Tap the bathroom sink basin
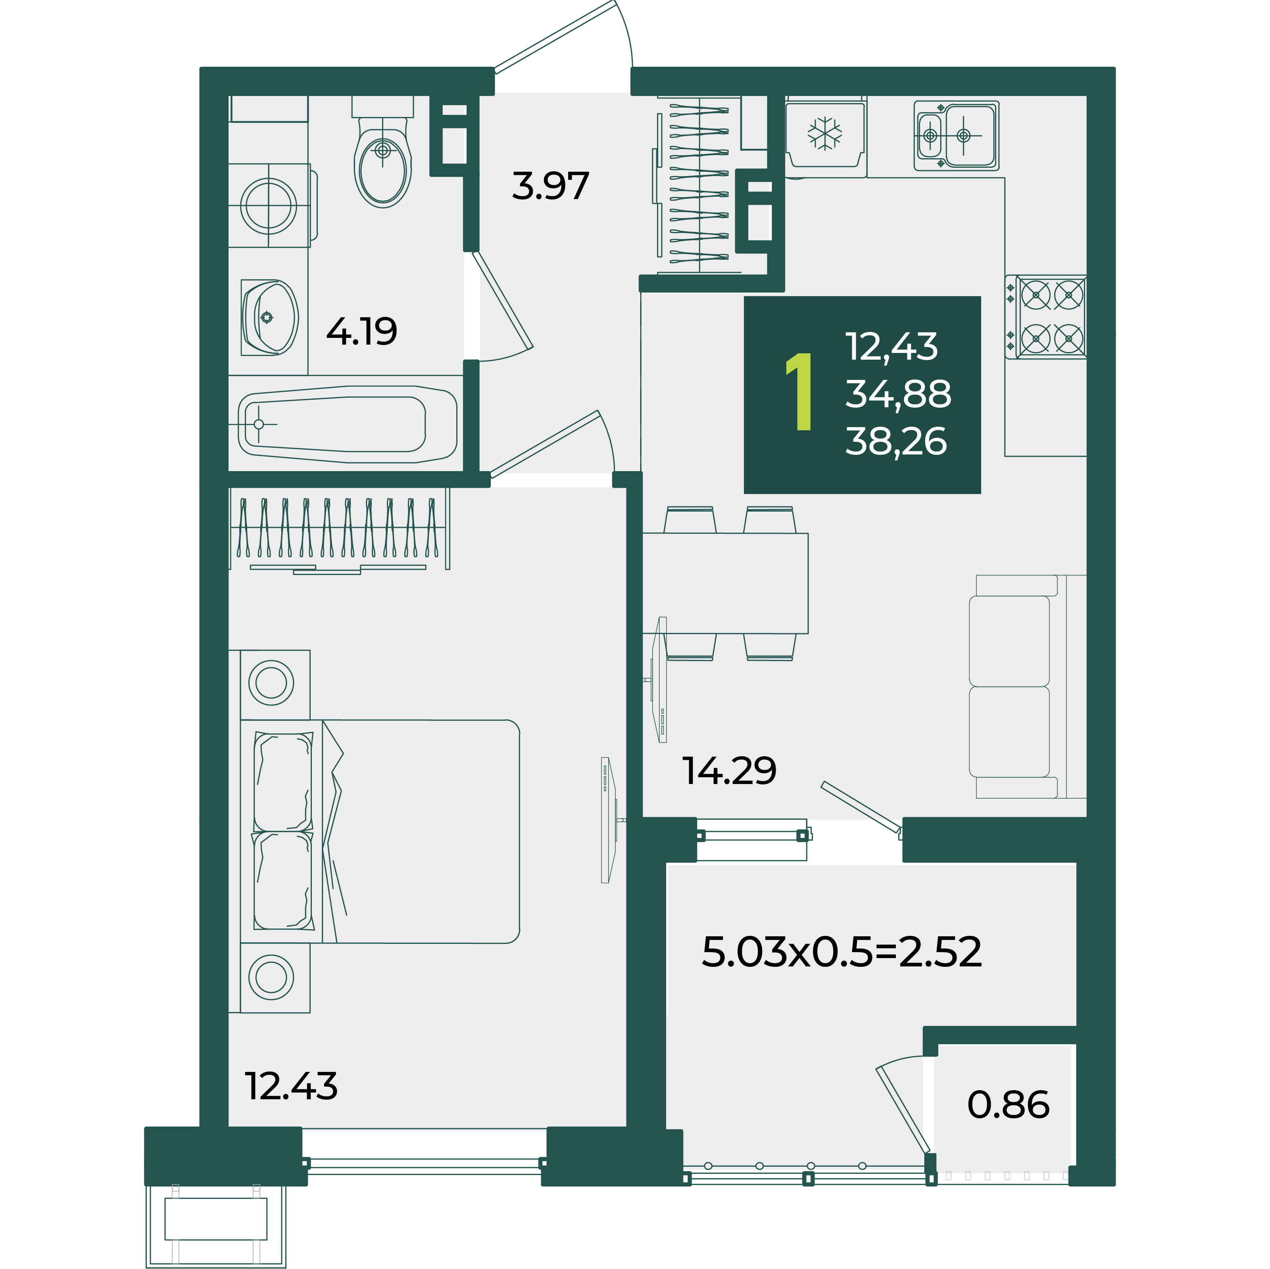269,318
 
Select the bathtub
347,424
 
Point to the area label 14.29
729,771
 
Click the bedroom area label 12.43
291,1086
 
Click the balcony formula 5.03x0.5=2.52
842,952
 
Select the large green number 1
800,392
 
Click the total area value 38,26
896,441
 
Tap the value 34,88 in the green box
898,394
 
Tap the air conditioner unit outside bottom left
215,1226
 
